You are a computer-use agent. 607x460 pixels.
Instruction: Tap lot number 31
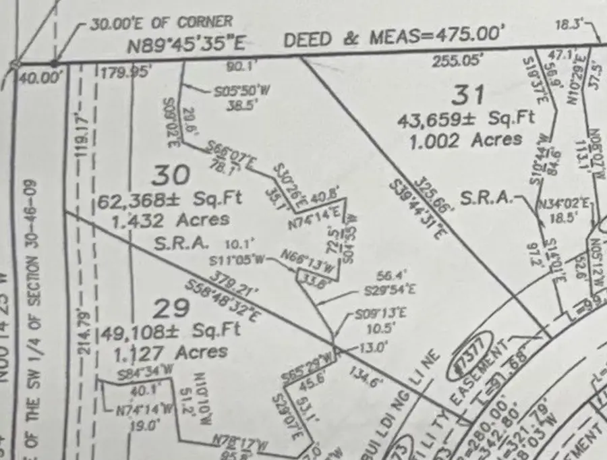click(x=467, y=94)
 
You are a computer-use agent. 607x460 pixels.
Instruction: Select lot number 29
click(x=169, y=309)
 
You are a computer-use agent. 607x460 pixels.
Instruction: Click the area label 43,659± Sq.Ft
click(x=467, y=119)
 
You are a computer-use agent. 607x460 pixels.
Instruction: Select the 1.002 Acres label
click(x=465, y=140)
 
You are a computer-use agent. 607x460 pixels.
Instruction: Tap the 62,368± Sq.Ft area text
click(x=170, y=200)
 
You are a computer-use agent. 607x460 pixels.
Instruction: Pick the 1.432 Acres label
click(x=171, y=220)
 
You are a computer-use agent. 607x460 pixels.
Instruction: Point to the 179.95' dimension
click(x=125, y=73)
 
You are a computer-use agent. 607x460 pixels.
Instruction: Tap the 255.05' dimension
click(x=459, y=61)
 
